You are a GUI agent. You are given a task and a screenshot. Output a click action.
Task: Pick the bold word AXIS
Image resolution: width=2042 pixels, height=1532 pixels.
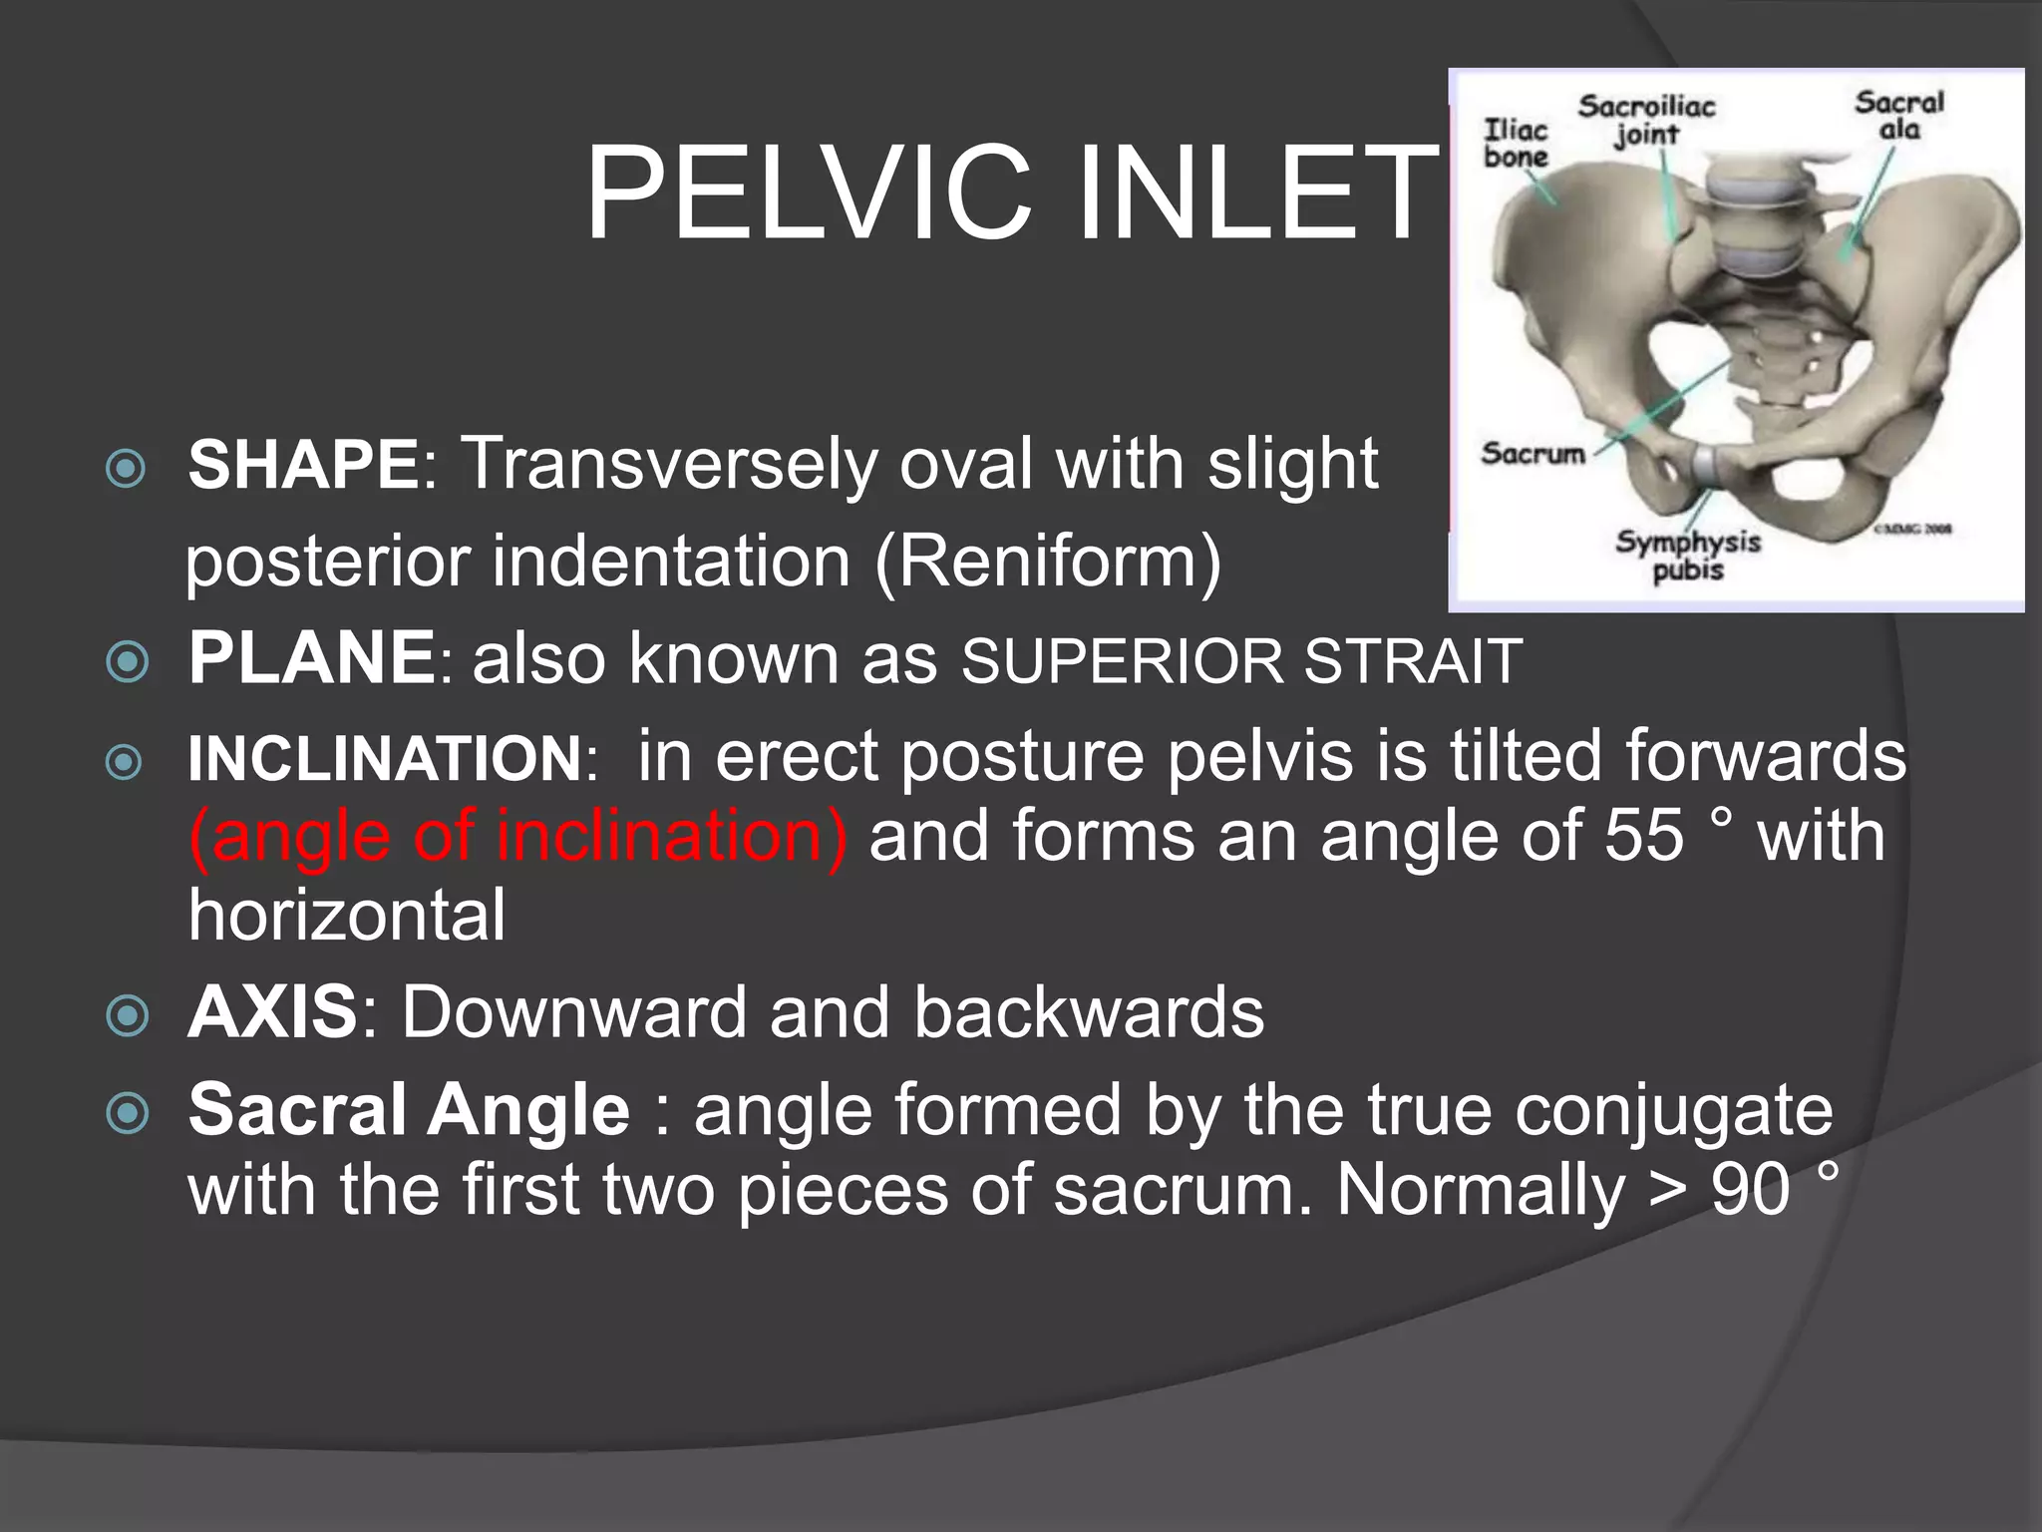[x=273, y=1012]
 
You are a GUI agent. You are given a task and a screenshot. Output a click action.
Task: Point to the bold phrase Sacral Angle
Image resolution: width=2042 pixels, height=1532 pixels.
[x=409, y=1110]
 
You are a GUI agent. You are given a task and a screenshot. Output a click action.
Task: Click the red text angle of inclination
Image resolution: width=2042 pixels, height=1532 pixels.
[x=518, y=836]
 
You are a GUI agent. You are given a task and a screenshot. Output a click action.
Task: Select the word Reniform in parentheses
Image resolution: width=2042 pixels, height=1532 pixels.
[x=1048, y=562]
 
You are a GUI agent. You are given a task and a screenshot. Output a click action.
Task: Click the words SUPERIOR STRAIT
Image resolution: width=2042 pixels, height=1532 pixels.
[x=1241, y=661]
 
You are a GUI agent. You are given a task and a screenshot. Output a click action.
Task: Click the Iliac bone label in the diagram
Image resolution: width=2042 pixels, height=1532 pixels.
[x=1516, y=144]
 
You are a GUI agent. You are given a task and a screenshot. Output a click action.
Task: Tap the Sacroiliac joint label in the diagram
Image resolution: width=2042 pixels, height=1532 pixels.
[x=1646, y=120]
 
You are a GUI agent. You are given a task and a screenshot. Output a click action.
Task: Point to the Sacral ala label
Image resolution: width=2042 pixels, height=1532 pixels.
[x=1899, y=116]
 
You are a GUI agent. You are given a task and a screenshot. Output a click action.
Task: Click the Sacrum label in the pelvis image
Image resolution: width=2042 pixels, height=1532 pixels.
[x=1532, y=454]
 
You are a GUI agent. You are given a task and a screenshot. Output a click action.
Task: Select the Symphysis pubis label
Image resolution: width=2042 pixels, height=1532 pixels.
[x=1688, y=556]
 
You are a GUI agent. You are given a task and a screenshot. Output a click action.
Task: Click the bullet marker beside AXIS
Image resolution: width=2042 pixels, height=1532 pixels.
[x=128, y=1016]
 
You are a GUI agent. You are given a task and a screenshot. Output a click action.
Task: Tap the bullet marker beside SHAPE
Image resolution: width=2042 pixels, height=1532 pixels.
[x=126, y=468]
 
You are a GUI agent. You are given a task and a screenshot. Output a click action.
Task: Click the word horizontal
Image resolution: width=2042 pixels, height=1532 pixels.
[x=347, y=916]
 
